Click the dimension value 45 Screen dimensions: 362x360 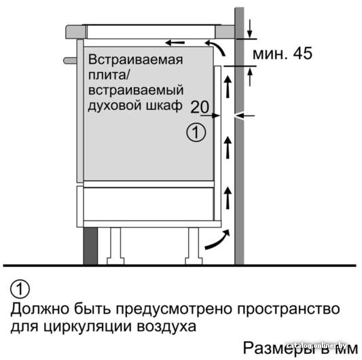coord(303,54)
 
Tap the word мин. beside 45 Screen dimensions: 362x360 coord(270,54)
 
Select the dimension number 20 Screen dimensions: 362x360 coord(200,107)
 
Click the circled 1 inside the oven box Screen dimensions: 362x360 coord(196,132)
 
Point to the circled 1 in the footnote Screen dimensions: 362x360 coord(20,289)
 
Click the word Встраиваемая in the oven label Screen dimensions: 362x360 coord(136,59)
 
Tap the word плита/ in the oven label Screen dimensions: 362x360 coord(109,75)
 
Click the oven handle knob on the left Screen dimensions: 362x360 coord(70,60)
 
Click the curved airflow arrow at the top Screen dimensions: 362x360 coord(216,48)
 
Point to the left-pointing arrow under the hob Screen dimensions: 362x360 coord(175,43)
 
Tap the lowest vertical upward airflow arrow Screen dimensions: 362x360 coord(228,198)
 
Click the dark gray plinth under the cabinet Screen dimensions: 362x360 coord(90,246)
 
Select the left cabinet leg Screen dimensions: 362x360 coord(115,246)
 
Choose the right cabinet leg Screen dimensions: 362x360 coord(194,246)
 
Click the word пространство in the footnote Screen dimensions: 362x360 coord(289,309)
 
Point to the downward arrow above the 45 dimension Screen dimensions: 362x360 coord(249,29)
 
